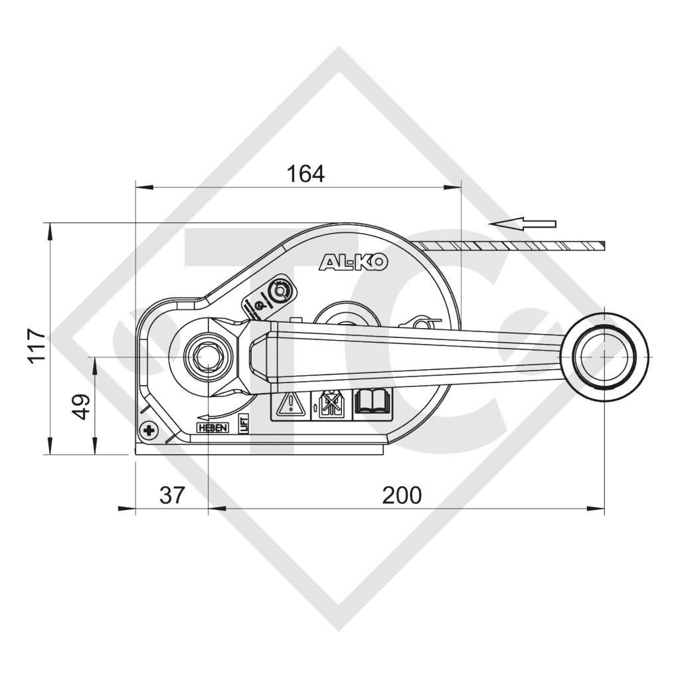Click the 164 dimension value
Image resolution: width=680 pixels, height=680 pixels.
click(305, 173)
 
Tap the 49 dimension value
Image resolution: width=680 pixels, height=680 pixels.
click(80, 406)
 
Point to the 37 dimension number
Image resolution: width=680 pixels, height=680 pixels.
click(172, 495)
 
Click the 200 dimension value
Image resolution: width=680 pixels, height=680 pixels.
click(401, 495)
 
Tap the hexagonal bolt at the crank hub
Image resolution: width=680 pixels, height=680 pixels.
click(208, 357)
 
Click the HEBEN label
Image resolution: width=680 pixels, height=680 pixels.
click(212, 428)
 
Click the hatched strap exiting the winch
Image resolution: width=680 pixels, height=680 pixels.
click(518, 246)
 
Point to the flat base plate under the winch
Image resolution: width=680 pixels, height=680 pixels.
click(259, 449)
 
